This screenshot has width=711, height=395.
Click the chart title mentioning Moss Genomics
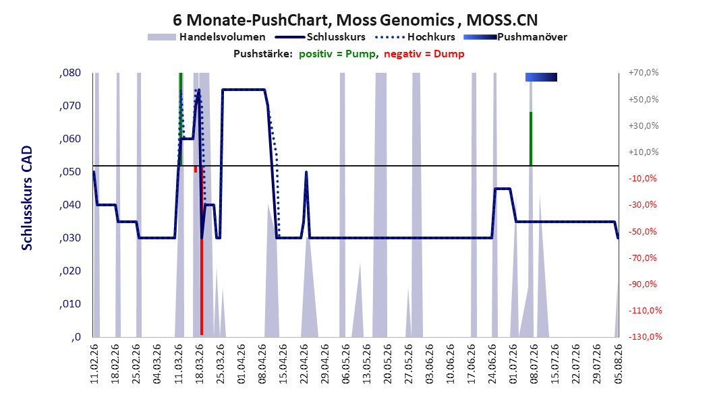coord(355,20)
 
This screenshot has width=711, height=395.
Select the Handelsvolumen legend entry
coord(206,37)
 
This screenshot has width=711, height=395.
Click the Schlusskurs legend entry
coord(320,37)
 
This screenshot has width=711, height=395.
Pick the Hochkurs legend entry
coord(415,37)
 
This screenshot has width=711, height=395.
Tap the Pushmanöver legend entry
coord(515,37)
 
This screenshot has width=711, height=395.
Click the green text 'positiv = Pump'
coord(337,54)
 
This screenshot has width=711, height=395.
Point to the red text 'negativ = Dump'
coord(424,54)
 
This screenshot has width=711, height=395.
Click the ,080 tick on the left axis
coord(70,73)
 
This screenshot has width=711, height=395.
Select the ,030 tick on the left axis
coord(70,238)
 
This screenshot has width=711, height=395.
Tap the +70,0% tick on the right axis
coord(644,73)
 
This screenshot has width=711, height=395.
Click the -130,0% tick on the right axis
coord(645,336)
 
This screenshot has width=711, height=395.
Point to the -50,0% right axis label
coord(644,231)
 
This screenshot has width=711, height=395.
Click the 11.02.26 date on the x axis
coord(94,364)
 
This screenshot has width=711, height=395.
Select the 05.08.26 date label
coord(618,364)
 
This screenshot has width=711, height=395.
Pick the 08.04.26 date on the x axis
coord(262,364)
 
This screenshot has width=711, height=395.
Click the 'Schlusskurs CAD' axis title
coord(27,198)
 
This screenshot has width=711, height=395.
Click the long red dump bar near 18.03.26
coord(201,287)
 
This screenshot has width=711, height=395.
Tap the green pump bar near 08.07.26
coord(530,139)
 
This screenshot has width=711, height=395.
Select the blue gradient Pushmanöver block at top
coord(541,77)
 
